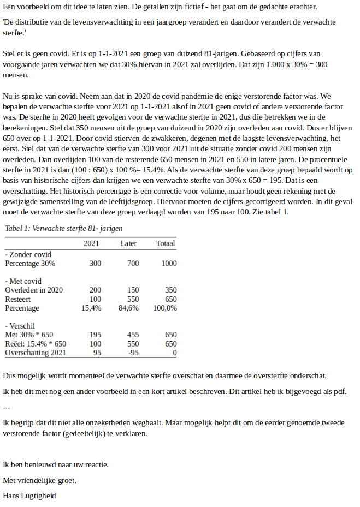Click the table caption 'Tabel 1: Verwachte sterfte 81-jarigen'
click(x=63, y=228)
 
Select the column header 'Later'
click(x=129, y=243)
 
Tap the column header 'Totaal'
click(x=166, y=243)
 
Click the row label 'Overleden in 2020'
click(x=34, y=290)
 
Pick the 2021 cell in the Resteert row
click(x=95, y=299)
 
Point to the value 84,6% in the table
click(x=128, y=308)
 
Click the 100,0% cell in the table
click(x=165, y=308)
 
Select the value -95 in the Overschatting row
click(x=132, y=353)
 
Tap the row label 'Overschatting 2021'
click(x=36, y=353)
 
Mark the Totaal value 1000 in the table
click(x=169, y=263)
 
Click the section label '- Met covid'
click(x=22, y=281)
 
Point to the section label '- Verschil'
click(x=20, y=326)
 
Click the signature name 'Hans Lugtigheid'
click(x=29, y=496)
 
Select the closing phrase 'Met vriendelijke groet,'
click(x=40, y=480)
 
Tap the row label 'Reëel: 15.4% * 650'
click(x=36, y=344)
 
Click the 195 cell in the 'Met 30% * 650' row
click(x=95, y=335)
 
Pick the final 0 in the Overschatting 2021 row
click(x=174, y=353)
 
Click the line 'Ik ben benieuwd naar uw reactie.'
click(x=56, y=464)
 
